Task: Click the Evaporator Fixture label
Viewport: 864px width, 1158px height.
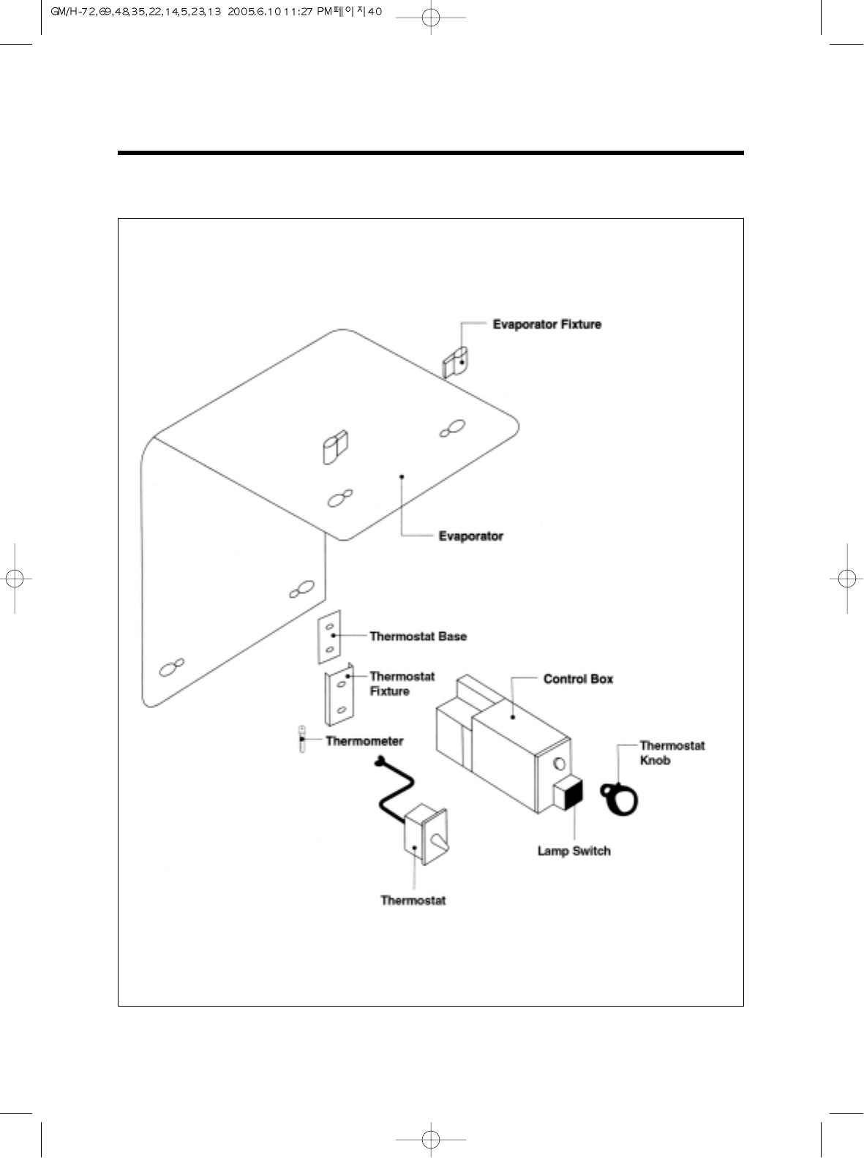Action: pyautogui.click(x=546, y=324)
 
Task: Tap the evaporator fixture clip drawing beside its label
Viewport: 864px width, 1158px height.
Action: pyautogui.click(x=456, y=361)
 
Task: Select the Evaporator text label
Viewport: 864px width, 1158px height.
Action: pyautogui.click(x=470, y=536)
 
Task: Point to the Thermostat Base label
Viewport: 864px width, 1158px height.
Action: pyautogui.click(x=418, y=636)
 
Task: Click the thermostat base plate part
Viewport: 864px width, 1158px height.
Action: pyautogui.click(x=329, y=637)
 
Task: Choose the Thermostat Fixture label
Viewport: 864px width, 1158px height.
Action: pyautogui.click(x=402, y=684)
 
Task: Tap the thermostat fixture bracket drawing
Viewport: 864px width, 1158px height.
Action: pyautogui.click(x=339, y=696)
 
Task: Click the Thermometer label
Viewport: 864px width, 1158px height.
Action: pyautogui.click(x=364, y=741)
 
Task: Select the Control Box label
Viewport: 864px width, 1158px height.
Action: pyautogui.click(x=578, y=679)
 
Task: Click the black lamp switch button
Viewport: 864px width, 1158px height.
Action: pyautogui.click(x=568, y=793)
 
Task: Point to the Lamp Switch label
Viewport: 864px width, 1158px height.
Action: pyautogui.click(x=574, y=851)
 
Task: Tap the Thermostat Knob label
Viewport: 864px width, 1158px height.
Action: pyautogui.click(x=672, y=753)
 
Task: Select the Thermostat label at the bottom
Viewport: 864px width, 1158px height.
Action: pyautogui.click(x=413, y=901)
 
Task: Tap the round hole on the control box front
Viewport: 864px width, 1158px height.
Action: pyautogui.click(x=560, y=764)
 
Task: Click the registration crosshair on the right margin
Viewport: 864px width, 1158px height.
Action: pyautogui.click(x=846, y=578)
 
